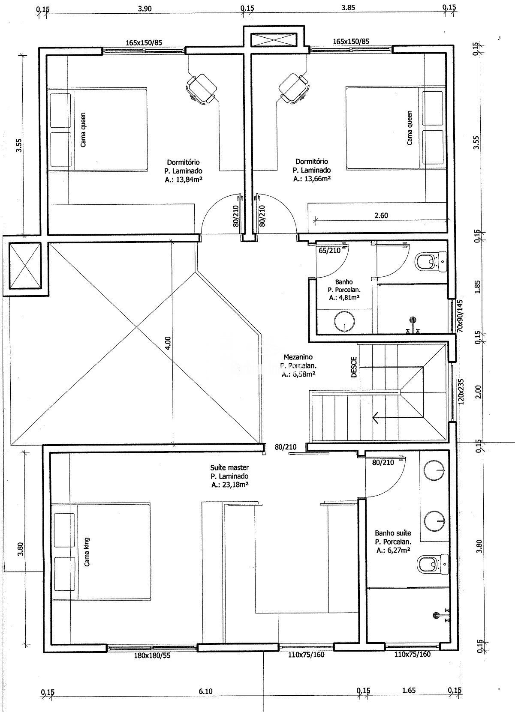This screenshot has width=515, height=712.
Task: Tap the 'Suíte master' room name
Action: (229, 467)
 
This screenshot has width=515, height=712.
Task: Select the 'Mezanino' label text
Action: (298, 357)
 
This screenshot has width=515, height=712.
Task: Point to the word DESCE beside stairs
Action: (354, 368)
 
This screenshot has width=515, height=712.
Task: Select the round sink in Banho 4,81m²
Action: (344, 322)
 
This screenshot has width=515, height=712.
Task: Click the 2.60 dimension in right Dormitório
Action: (381, 215)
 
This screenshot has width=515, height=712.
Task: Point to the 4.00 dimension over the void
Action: (168, 342)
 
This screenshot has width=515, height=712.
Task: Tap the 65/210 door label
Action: (329, 251)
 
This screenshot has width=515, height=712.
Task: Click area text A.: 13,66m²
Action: (312, 179)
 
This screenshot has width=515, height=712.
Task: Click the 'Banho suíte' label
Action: (393, 533)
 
